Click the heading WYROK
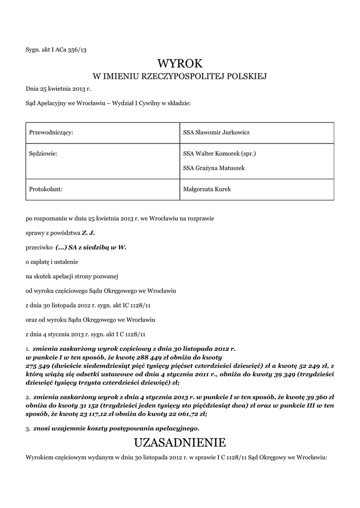180,63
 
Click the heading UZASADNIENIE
180,442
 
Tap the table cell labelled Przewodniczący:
52,132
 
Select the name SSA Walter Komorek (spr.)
219,154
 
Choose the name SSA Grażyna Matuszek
214,168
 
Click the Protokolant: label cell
46,189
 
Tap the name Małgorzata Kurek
207,189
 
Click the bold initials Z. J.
88,232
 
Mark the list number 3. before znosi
28,428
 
